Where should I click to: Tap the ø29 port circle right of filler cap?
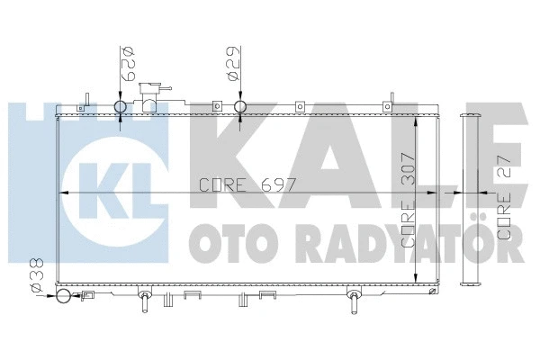coord(240,109)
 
